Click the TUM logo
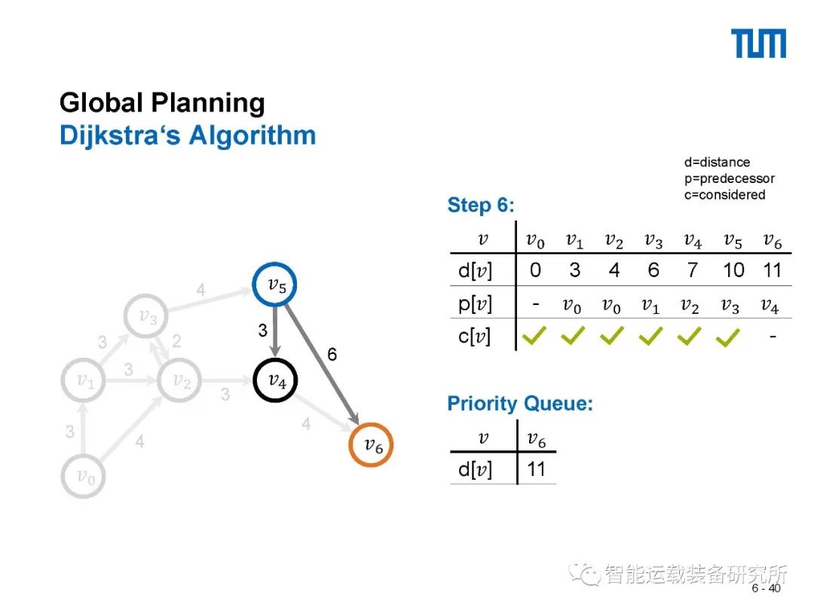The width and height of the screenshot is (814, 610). pos(759,44)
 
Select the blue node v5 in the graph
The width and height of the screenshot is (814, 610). pos(275,285)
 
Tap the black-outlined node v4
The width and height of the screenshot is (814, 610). pos(275,380)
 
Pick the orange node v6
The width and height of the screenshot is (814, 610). pos(372,445)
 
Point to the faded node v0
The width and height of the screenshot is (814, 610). pos(83,475)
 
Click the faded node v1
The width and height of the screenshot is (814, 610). pos(84,381)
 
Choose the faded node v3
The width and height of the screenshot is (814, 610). pos(147,317)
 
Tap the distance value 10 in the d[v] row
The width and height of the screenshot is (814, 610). pos(733,270)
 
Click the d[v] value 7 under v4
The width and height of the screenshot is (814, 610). pos(693,270)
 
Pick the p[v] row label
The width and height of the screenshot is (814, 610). pos(475,304)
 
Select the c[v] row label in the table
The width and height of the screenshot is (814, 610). pos(475,337)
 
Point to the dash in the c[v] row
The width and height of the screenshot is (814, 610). pos(773,335)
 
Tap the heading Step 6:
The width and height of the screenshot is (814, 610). pos(480,205)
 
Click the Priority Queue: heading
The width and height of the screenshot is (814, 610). pos(520,404)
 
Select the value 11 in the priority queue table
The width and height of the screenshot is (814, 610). pos(536,470)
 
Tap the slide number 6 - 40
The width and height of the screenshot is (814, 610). pos(766,589)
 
